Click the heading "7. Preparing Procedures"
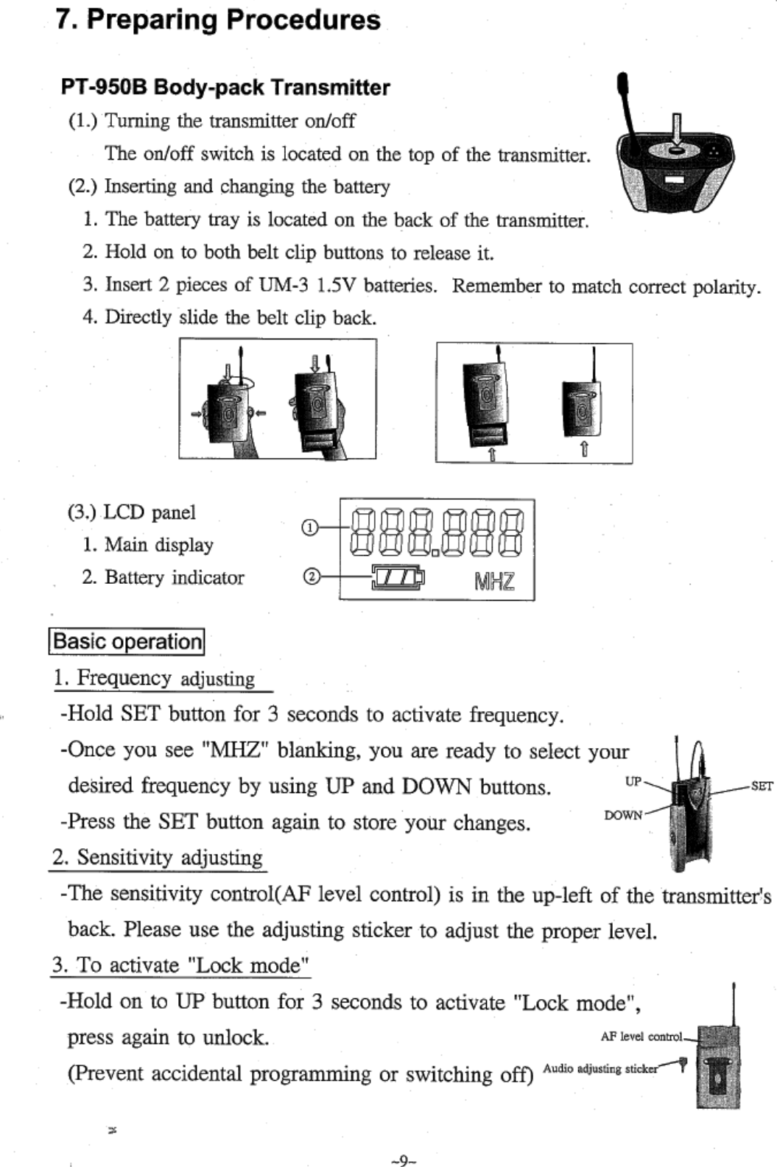pyautogui.click(x=218, y=20)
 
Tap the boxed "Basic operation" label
pyautogui.click(x=127, y=641)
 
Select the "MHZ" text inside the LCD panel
pyautogui.click(x=494, y=582)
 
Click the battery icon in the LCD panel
pyautogui.click(x=398, y=578)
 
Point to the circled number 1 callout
pyautogui.click(x=310, y=527)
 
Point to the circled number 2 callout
pyautogui.click(x=312, y=577)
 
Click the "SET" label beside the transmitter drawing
pyautogui.click(x=762, y=786)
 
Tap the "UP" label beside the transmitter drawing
pyautogui.click(x=633, y=781)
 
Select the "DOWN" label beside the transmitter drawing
pyautogui.click(x=623, y=815)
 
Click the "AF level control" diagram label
pyautogui.click(x=641, y=1037)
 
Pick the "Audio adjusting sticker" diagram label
pyautogui.click(x=600, y=1068)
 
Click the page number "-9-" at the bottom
pyautogui.click(x=404, y=1161)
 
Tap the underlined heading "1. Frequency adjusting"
pyautogui.click(x=154, y=678)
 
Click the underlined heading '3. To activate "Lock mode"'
pyautogui.click(x=180, y=965)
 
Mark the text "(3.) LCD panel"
pyautogui.click(x=132, y=512)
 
